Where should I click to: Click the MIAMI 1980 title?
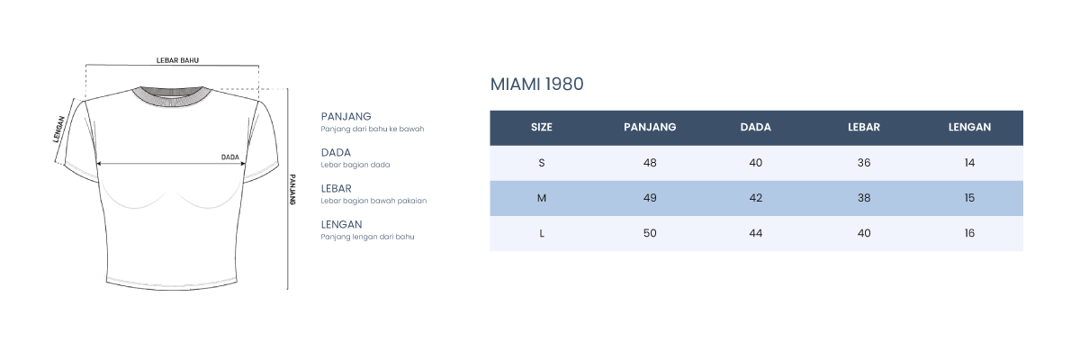(x=536, y=85)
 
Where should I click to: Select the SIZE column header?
(x=542, y=127)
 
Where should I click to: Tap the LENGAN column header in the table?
(x=969, y=127)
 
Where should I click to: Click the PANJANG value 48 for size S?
(x=650, y=163)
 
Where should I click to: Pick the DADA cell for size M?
(x=755, y=198)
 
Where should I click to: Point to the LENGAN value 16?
(x=969, y=233)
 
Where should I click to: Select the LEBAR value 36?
(x=864, y=163)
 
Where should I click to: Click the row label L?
(x=542, y=234)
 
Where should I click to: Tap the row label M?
(x=542, y=198)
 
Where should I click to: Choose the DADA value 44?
(x=755, y=233)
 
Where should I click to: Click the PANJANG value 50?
(x=650, y=233)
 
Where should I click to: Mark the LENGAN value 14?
(x=969, y=163)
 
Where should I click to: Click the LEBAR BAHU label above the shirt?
(x=177, y=60)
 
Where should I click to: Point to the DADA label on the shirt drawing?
(x=230, y=157)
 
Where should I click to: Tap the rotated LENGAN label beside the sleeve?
(x=58, y=130)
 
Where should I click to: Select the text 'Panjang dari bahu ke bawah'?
(x=373, y=130)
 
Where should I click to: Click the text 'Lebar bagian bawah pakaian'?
(x=373, y=201)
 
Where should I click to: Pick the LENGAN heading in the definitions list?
(x=341, y=225)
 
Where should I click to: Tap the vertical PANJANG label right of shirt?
(x=292, y=189)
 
